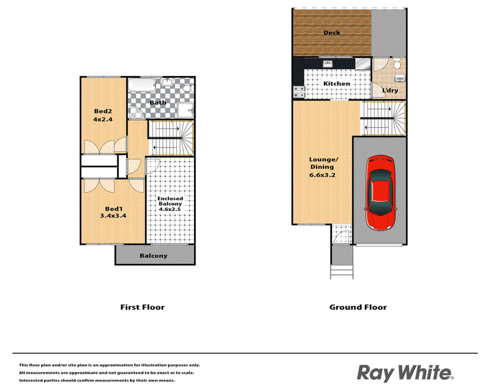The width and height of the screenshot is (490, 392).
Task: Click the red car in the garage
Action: coord(380,193)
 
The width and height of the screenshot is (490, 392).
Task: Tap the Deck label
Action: coord(331,32)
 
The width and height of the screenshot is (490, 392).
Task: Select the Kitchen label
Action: coord(336,83)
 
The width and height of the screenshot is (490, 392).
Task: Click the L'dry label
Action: coord(390,90)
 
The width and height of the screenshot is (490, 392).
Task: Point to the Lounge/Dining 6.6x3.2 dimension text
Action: coord(322,175)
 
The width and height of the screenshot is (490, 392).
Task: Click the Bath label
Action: coord(158,102)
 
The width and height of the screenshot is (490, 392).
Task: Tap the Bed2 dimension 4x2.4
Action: coord(103,119)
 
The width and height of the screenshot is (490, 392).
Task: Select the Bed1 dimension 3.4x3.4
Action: coord(113,216)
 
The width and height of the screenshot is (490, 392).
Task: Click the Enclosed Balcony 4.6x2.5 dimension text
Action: coord(170,209)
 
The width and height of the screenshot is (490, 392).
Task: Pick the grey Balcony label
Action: coord(154,255)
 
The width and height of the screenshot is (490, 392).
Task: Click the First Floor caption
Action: coord(143,307)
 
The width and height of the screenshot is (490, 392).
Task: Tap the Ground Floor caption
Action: coord(358,307)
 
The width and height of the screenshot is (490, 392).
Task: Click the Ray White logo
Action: coord(405,373)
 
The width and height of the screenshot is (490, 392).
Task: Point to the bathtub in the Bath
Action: coord(142,85)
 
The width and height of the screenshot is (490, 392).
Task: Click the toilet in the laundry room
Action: coord(397,63)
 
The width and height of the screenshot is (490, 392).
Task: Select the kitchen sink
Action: coord(328,64)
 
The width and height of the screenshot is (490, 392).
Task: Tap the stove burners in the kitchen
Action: coord(299,92)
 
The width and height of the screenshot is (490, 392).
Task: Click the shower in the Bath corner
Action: coord(186,110)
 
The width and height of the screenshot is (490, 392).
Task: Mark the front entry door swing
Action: coord(342,237)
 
